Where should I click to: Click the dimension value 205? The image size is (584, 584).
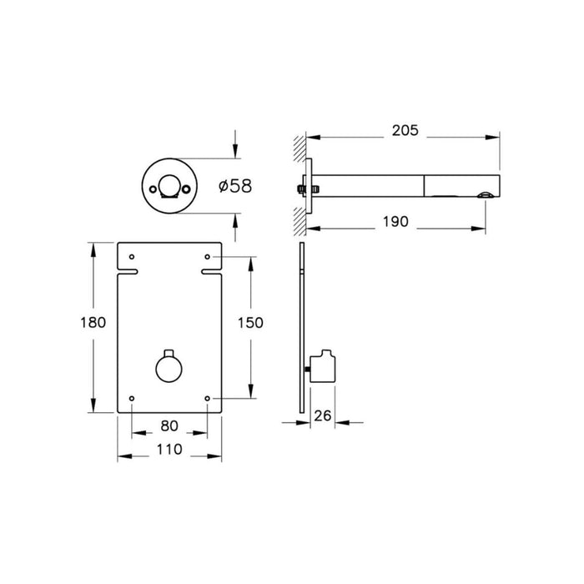pyautogui.click(x=405, y=131)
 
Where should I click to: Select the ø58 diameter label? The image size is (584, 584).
pyautogui.click(x=234, y=185)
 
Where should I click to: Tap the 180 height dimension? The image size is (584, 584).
pyautogui.click(x=93, y=323)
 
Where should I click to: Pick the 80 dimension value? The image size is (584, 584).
pyautogui.click(x=169, y=425)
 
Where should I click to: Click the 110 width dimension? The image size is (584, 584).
pyautogui.click(x=169, y=449)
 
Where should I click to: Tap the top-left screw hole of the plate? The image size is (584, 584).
pyautogui.click(x=131, y=255)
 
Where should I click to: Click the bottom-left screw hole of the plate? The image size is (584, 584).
pyautogui.click(x=131, y=398)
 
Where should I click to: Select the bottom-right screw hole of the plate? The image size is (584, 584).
pyautogui.click(x=208, y=398)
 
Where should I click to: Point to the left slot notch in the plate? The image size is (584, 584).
pyautogui.click(x=128, y=271)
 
